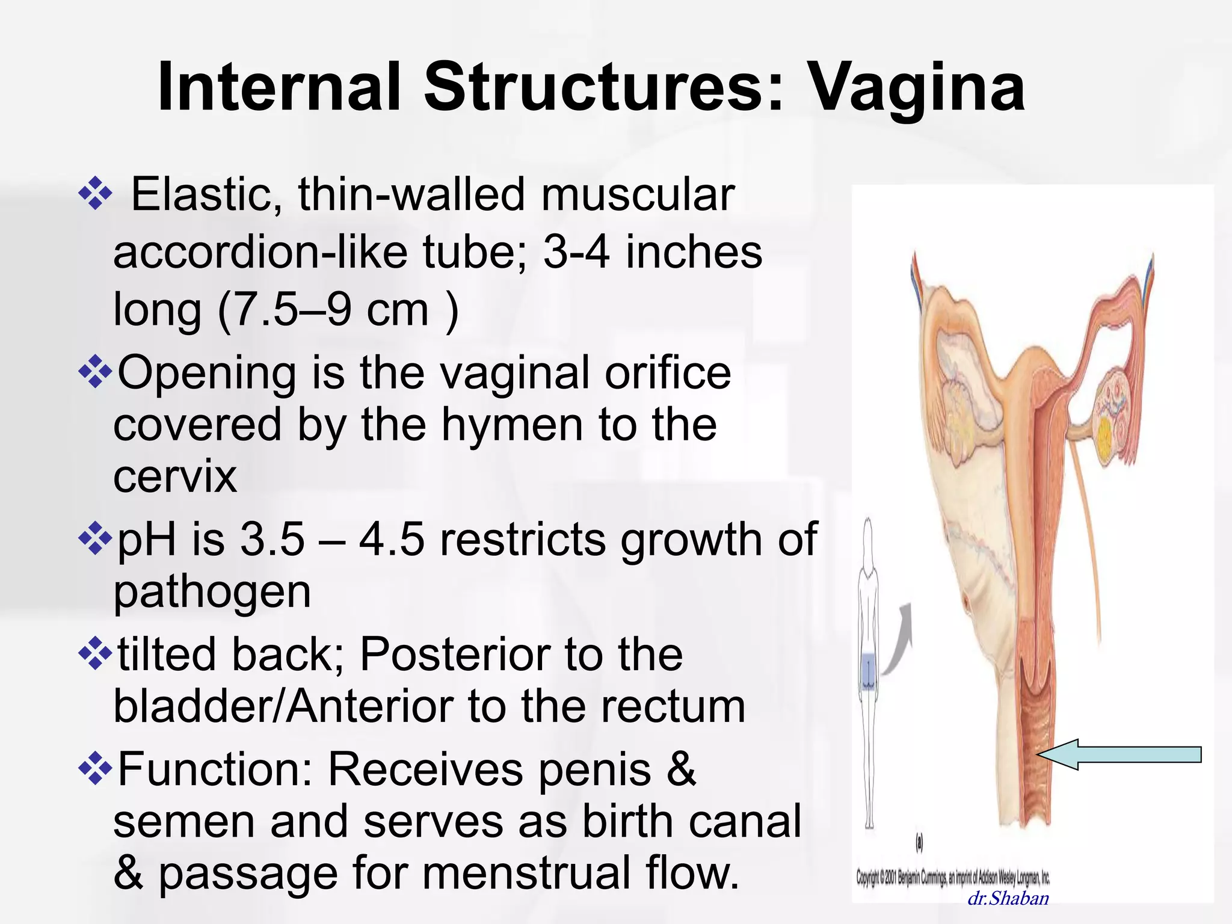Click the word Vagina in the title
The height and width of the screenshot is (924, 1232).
click(x=915, y=89)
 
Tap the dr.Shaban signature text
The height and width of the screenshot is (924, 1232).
click(x=1008, y=899)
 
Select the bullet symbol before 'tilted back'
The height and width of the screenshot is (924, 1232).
click(x=96, y=654)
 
